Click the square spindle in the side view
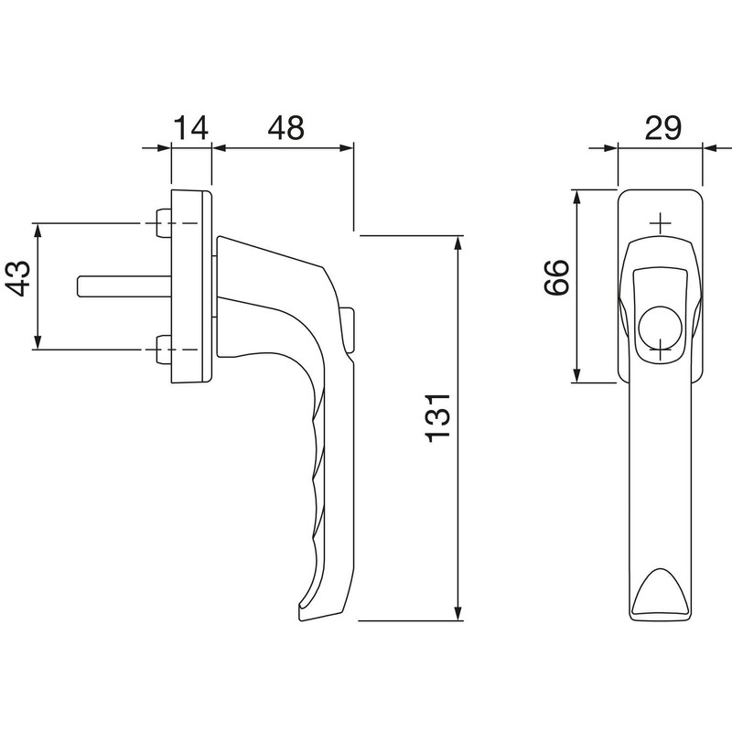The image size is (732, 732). (x=119, y=285)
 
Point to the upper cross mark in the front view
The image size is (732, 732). (x=660, y=222)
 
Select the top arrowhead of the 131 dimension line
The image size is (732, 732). (x=457, y=242)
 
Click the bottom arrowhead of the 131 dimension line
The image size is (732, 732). (x=457, y=613)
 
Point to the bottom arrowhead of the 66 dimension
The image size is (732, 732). (x=577, y=376)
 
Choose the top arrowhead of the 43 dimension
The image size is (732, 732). (x=38, y=230)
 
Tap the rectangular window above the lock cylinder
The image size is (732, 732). (x=660, y=283)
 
